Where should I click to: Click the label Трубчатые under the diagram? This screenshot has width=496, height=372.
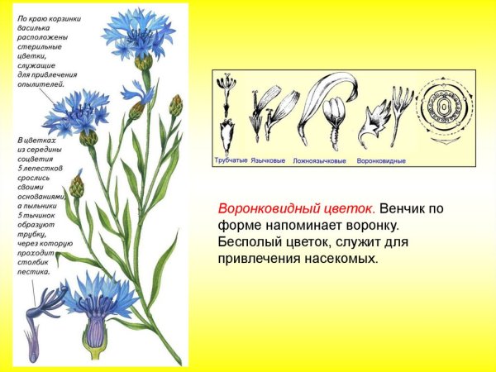[x=231, y=160]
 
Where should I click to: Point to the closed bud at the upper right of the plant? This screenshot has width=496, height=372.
[x=175, y=104]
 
